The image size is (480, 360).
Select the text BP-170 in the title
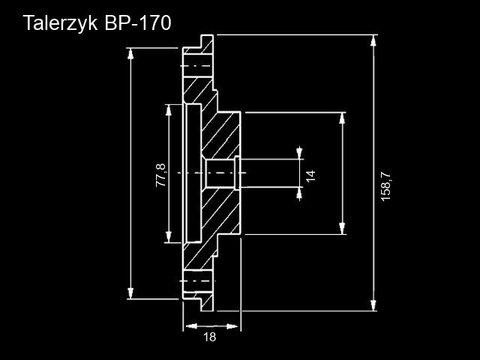pyautogui.click(x=137, y=22)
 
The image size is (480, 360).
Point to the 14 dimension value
pyautogui.click(x=310, y=175)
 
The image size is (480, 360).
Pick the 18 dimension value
pyautogui.click(x=209, y=337)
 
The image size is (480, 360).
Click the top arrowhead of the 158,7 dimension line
pyautogui.click(x=373, y=39)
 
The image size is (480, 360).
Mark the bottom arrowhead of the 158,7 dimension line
pyautogui.click(x=373, y=304)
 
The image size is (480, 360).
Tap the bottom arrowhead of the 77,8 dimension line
pyautogui.click(x=167, y=238)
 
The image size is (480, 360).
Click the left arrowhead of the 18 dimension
pyautogui.click(x=188, y=326)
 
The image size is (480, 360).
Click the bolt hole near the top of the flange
pyautogui.click(x=196, y=66)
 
